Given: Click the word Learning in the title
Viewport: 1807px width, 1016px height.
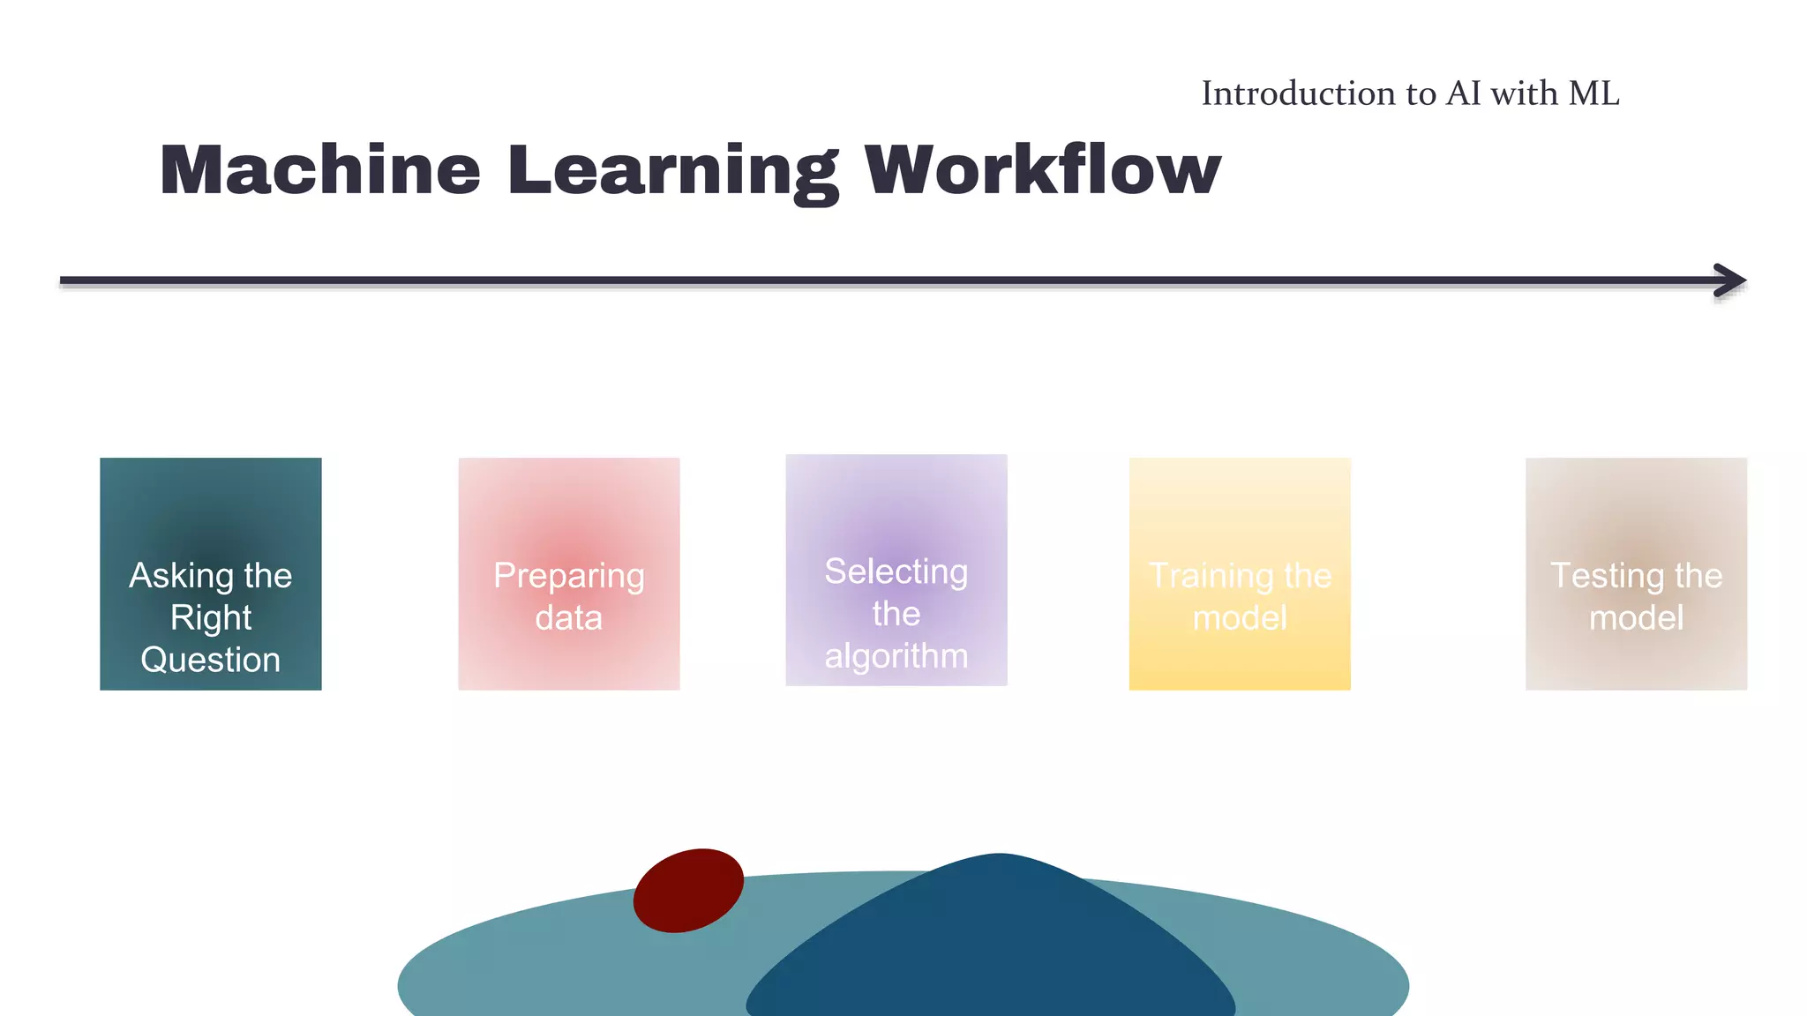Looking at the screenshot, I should (x=672, y=171).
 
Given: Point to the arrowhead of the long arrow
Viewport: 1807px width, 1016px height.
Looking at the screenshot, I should (x=1731, y=280).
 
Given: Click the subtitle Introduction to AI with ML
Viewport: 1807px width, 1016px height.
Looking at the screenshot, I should (x=1410, y=93).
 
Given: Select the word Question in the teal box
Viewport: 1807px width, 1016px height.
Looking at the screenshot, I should (x=210, y=660).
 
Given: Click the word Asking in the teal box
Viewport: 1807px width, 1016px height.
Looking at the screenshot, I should (x=182, y=576).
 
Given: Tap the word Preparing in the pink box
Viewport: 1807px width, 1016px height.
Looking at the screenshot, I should (x=569, y=576).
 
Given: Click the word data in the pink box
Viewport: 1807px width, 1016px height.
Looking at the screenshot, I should (x=569, y=617).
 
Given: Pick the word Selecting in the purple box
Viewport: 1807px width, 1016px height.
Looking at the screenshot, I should (x=896, y=572).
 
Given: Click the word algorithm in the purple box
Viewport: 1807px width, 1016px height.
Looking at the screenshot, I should (x=896, y=656).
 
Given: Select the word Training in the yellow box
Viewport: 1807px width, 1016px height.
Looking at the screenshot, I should (x=1212, y=576).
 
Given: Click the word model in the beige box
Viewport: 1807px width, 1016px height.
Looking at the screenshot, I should (x=1636, y=617).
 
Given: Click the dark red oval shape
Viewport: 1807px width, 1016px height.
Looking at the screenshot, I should (x=688, y=890).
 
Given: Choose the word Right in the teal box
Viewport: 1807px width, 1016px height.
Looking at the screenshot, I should (x=210, y=617).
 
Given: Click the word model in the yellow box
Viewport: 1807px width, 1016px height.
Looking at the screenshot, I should (x=1240, y=617).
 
